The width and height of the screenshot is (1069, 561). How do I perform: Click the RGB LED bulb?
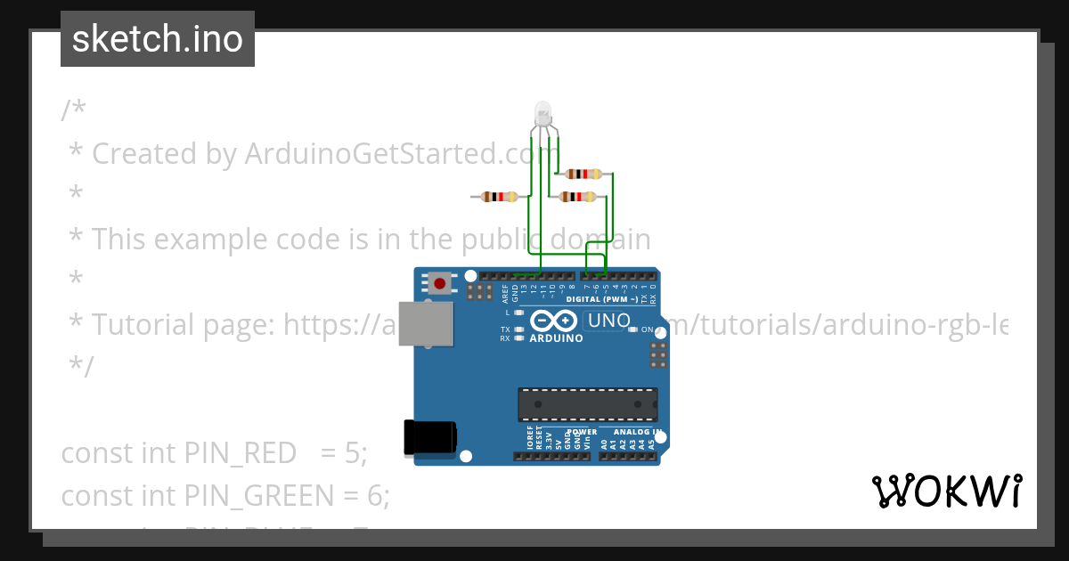(x=542, y=115)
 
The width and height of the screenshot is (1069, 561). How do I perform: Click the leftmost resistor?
(x=500, y=197)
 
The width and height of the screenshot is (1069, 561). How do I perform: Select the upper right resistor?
(x=584, y=174)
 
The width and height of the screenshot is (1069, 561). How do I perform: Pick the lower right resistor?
(x=577, y=197)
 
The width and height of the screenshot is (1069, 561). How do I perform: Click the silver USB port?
(x=424, y=323)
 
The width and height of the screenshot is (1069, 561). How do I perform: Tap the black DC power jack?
(x=430, y=436)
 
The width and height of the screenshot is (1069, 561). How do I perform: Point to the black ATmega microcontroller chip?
(x=588, y=403)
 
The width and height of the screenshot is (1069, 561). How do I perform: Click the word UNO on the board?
(x=610, y=321)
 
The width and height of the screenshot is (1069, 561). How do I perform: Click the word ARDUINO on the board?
(x=556, y=339)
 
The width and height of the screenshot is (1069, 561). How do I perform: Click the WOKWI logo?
(x=946, y=491)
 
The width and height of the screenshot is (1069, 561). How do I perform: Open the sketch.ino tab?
(x=158, y=39)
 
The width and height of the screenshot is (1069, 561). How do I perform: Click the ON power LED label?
(x=648, y=329)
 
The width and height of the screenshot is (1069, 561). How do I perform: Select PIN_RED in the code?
(x=240, y=453)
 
